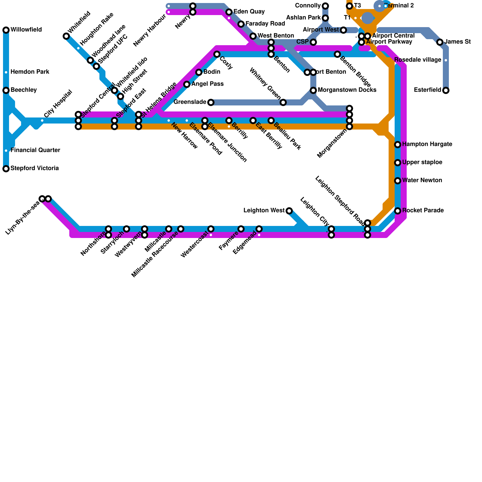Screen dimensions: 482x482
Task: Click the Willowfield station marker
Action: pos(6,30)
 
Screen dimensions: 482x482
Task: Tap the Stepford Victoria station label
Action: pos(35,168)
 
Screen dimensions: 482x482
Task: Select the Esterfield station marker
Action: pos(446,90)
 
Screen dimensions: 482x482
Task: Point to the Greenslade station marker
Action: pos(211,102)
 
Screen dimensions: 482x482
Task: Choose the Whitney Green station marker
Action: pos(283,102)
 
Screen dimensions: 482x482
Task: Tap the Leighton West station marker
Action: pos(289,211)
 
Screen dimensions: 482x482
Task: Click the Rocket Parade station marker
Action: pos(398,211)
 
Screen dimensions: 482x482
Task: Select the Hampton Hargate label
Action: pos(427,144)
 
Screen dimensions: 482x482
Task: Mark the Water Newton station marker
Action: pos(398,181)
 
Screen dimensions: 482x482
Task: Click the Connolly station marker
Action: pos(325,6)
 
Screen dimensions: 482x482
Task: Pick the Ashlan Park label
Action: pos(303,18)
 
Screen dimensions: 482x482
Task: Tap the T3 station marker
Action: pos(349,6)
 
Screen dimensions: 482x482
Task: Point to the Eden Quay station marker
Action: pos(229,12)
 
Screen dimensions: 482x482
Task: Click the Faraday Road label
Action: pos(265,24)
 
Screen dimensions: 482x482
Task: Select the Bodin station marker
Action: pos(199,72)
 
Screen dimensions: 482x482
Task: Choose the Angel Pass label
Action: pos(207,84)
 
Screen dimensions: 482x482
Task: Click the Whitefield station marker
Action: pos(66,36)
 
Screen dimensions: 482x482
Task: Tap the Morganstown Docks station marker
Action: pos(313,90)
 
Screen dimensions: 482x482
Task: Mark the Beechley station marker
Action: pos(6,90)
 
